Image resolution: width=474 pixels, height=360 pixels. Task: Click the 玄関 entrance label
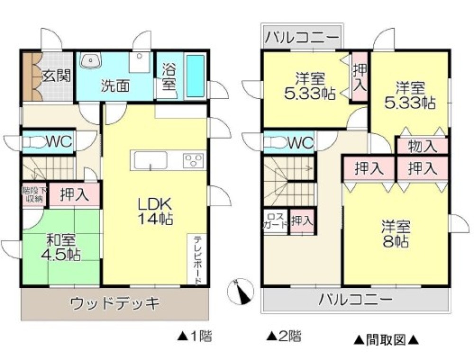(56, 76)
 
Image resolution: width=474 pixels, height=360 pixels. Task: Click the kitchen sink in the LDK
(150, 161)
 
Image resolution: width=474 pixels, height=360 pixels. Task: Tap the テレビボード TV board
(198, 260)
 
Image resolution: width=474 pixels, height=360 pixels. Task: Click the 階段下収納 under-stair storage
(33, 194)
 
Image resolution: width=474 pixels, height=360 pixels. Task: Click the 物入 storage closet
(422, 146)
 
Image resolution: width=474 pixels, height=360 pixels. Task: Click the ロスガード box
(275, 221)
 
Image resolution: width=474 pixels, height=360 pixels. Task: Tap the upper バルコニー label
(301, 36)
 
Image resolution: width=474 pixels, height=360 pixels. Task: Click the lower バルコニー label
(355, 299)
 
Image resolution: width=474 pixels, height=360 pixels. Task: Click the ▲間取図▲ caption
(386, 339)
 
